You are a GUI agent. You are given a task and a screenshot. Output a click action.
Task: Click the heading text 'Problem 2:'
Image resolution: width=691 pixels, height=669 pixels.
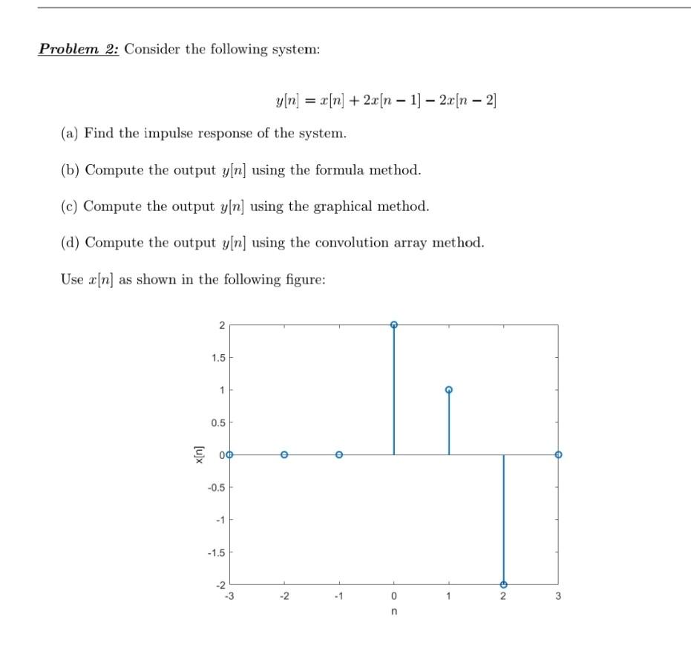point(79,49)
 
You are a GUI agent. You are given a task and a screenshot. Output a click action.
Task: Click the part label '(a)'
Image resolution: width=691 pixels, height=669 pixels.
point(70,134)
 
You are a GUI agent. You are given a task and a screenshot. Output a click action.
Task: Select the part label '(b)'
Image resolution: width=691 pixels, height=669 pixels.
point(70,170)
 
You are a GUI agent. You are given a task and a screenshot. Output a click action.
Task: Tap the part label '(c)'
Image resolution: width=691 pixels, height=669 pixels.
point(70,206)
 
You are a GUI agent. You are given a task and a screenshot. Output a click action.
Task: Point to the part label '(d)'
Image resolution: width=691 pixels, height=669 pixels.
point(70,243)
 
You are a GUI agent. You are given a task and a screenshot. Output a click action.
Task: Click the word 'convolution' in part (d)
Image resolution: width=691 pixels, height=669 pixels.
point(353,243)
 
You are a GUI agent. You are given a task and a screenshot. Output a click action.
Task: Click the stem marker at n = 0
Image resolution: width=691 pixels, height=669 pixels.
point(394,324)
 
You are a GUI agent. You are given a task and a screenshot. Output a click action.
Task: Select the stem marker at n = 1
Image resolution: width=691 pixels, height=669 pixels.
point(448,390)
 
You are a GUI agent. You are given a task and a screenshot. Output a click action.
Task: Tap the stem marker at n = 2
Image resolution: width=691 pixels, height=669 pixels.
point(503,584)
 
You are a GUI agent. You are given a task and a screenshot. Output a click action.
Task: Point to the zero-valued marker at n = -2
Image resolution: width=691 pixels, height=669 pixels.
point(284,454)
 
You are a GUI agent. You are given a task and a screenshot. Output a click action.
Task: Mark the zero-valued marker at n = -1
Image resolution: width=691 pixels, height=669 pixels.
point(339,454)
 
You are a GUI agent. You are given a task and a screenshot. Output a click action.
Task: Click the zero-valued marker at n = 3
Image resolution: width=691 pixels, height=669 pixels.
point(558,454)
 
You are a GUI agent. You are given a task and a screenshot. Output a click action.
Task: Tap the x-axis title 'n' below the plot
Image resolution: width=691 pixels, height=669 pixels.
point(393,613)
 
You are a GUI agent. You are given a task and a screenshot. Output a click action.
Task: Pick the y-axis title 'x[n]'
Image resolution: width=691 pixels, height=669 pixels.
point(197,454)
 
